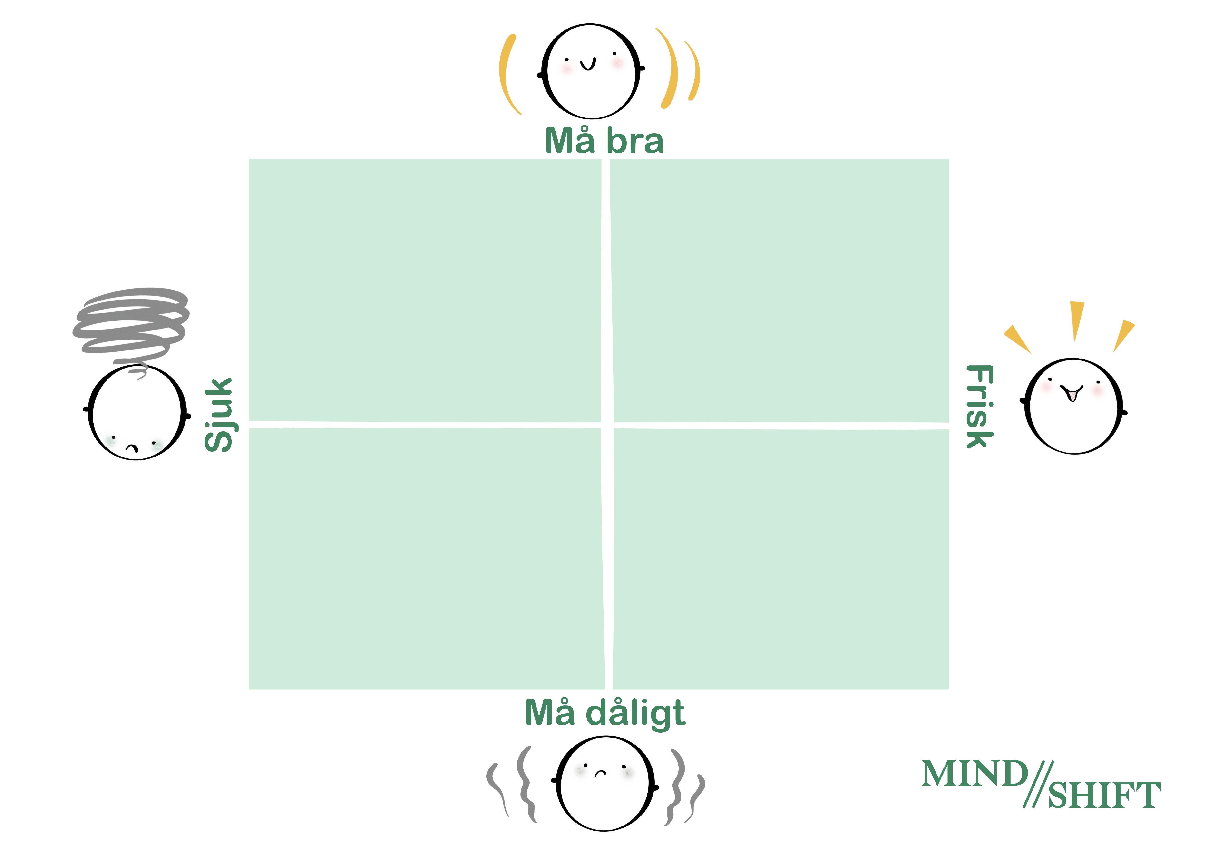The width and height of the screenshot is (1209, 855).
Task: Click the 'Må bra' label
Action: (x=604, y=141)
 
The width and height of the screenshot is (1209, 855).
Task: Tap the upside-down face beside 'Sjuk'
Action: (x=137, y=413)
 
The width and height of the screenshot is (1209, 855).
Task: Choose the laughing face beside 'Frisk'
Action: (x=1073, y=407)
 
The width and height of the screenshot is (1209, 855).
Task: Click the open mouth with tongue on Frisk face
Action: (x=1072, y=394)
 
